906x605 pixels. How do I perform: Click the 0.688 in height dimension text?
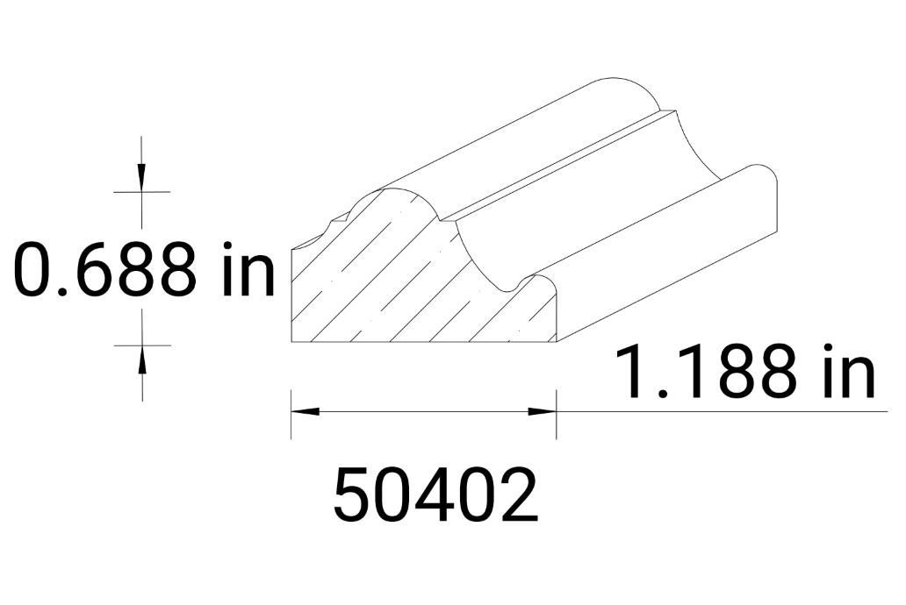[145, 269]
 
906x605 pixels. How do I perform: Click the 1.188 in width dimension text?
[744, 373]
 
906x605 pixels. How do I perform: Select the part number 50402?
[435, 495]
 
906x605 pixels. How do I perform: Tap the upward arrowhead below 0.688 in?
[140, 355]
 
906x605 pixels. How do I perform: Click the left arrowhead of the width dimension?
[304, 410]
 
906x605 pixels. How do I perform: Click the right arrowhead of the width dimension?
[543, 410]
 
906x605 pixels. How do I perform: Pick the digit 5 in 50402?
[354, 495]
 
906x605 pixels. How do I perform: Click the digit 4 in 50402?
[435, 495]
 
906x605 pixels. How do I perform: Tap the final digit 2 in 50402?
[516, 495]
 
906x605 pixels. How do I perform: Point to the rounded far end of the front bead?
[764, 189]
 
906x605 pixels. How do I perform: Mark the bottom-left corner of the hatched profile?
[291, 342]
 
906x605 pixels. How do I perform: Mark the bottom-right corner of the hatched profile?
[557, 342]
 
